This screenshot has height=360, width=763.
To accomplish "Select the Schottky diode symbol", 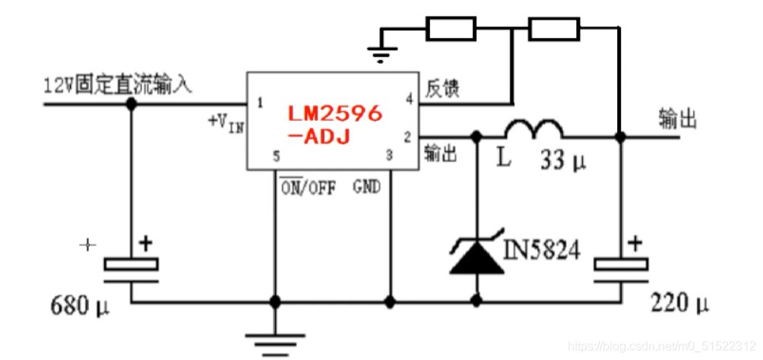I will coord(476,255).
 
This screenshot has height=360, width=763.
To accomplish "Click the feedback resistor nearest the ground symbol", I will coord(451,29).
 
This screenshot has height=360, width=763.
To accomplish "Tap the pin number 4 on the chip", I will coord(409,99).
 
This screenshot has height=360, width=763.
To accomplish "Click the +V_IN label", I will coord(226,122).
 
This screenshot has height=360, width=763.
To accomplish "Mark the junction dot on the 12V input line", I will coord(131,103).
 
